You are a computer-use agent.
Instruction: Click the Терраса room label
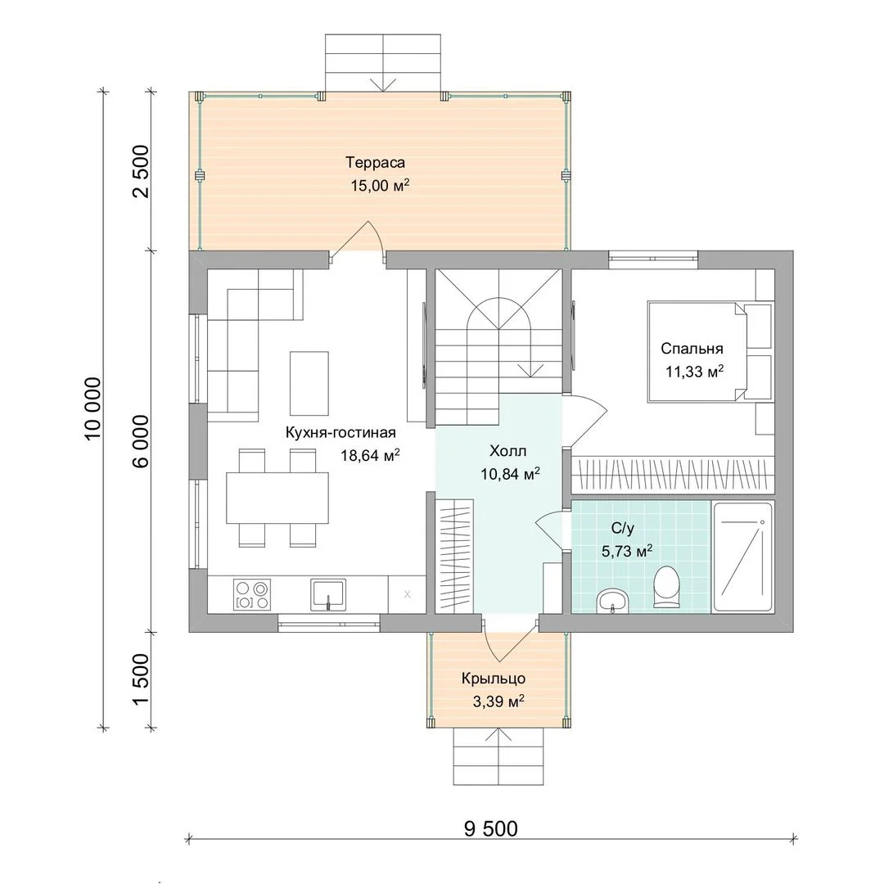click(375, 163)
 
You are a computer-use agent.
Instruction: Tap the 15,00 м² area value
click(380, 185)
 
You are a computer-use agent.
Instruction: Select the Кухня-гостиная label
click(341, 433)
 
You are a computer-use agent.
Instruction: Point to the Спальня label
click(692, 349)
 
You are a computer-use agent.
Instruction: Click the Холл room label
click(508, 451)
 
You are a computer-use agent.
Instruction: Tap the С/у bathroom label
click(623, 528)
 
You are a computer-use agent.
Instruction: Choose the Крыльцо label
click(494, 679)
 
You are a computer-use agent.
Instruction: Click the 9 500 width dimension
click(490, 828)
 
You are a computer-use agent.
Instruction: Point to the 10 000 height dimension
click(93, 408)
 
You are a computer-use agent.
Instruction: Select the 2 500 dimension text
click(141, 171)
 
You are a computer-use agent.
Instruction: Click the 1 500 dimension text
click(141, 679)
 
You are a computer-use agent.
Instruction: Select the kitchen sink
click(327, 595)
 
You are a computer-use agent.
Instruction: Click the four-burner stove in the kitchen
click(252, 595)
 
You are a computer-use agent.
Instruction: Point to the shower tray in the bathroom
click(742, 557)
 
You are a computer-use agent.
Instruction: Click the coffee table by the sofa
click(309, 383)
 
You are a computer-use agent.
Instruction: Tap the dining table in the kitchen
click(277, 498)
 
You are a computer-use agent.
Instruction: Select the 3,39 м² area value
click(498, 701)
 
